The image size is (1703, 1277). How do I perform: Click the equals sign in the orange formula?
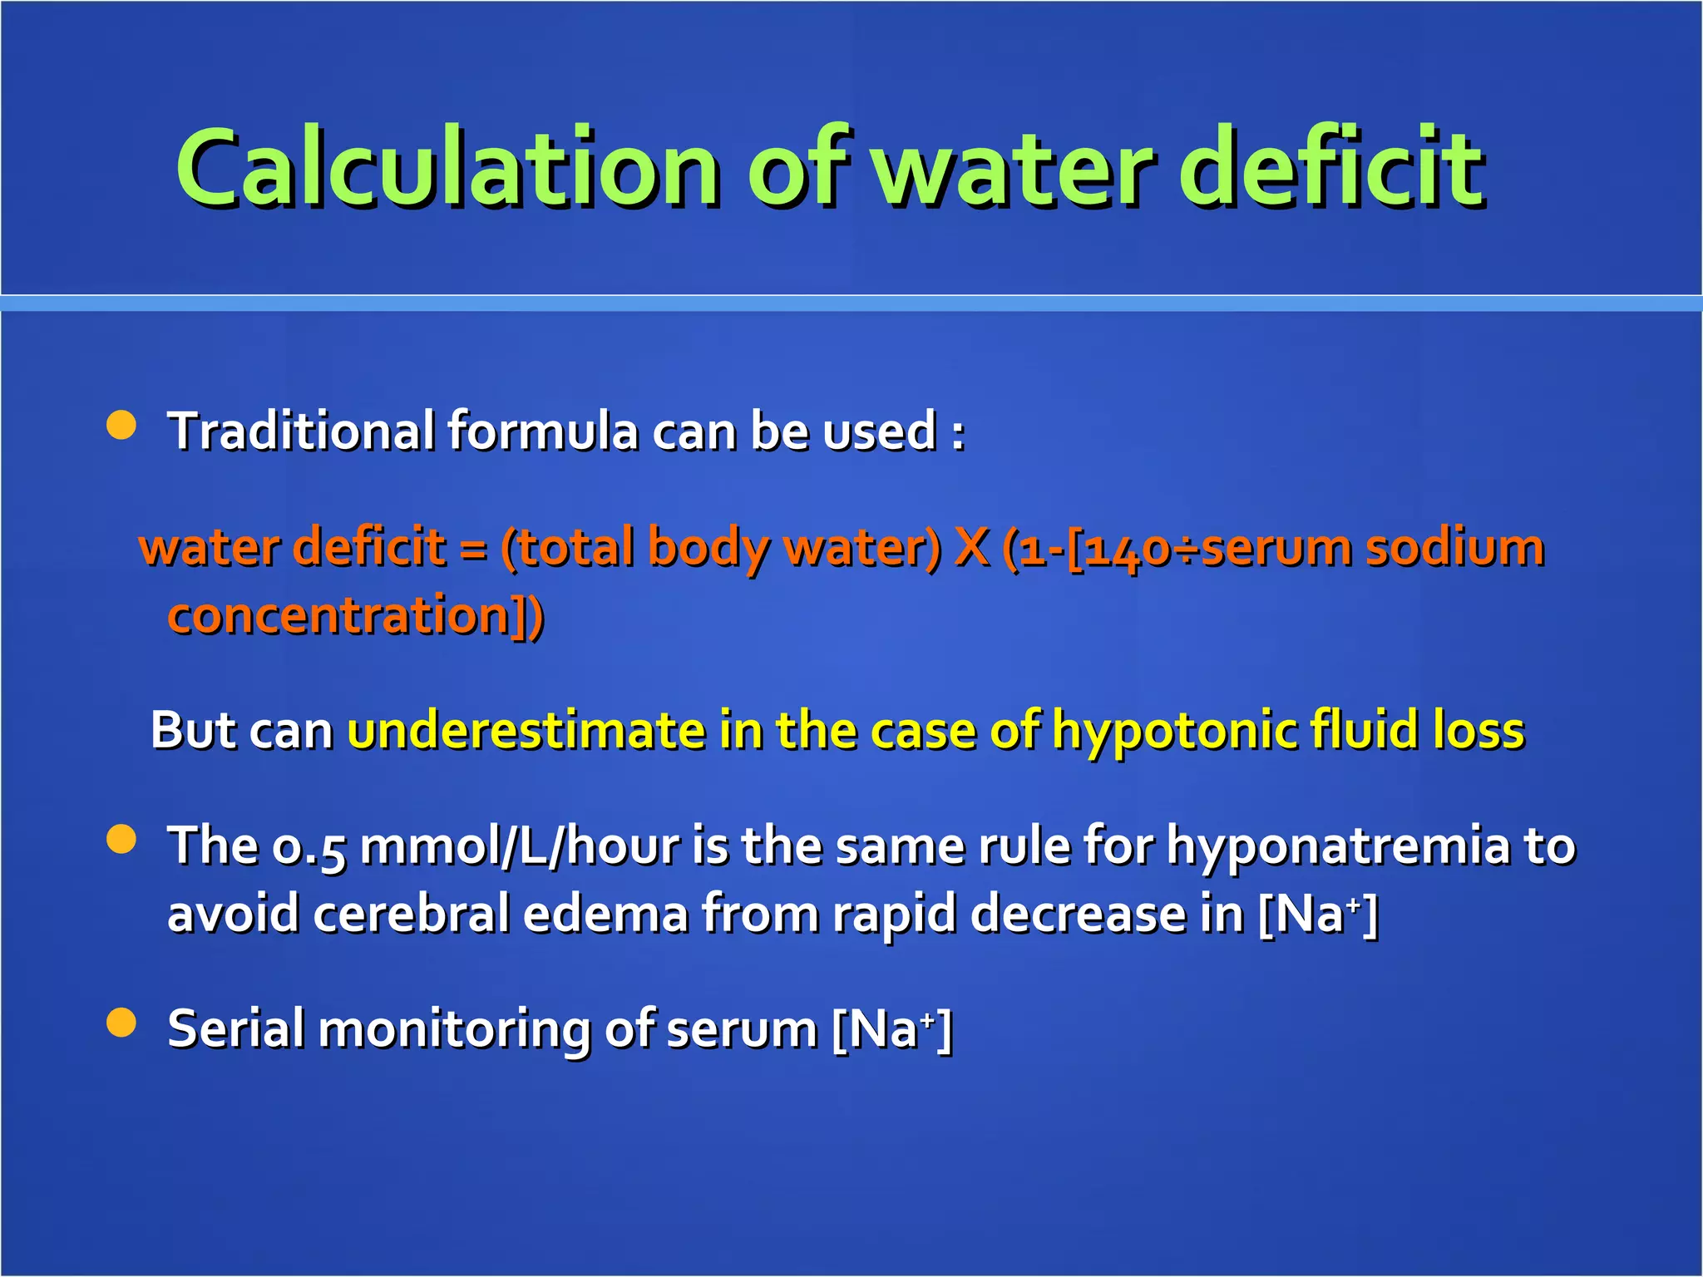point(472,550)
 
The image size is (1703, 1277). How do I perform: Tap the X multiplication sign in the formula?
point(971,548)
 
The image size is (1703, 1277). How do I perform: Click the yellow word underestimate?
point(526,730)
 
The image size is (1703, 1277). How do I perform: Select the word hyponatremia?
point(1337,847)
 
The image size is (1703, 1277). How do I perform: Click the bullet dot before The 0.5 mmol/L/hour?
point(121,839)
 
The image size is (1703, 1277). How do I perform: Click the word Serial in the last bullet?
point(235,1028)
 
